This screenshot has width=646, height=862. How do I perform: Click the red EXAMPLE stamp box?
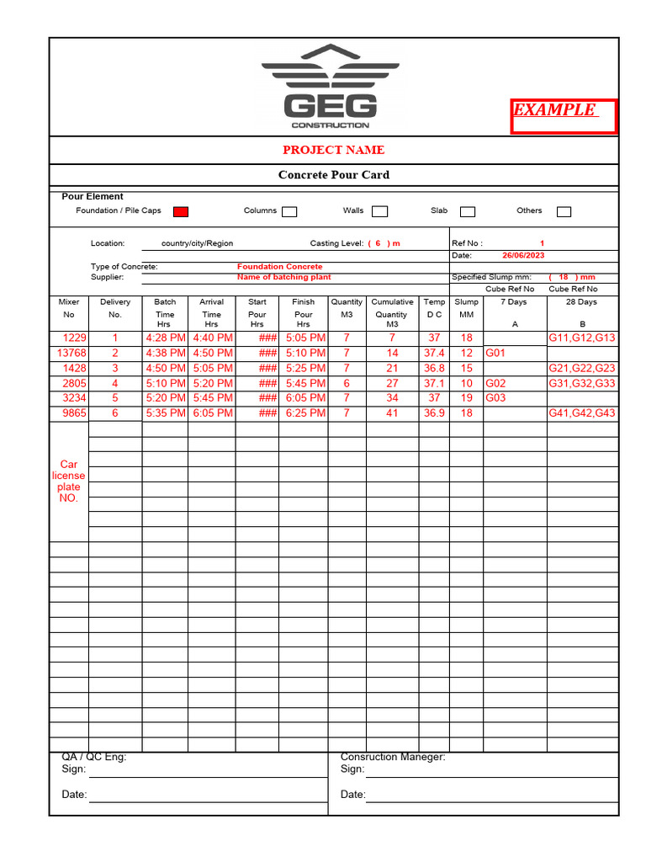(x=564, y=116)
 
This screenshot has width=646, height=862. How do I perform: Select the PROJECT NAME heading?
(x=333, y=150)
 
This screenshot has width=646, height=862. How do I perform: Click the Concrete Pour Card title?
(x=333, y=175)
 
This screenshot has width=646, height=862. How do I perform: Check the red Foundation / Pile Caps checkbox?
(x=180, y=211)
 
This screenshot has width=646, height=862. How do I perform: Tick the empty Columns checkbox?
(x=289, y=211)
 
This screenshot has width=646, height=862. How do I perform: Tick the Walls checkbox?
(x=379, y=211)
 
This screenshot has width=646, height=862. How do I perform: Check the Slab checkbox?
(x=468, y=211)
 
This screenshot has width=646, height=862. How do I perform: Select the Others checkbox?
(x=564, y=211)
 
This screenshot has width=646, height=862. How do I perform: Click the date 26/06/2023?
(x=523, y=255)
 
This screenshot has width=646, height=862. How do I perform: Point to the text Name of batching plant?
(x=283, y=277)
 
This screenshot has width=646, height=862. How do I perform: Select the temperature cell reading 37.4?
(x=434, y=354)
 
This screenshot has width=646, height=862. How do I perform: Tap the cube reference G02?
(x=495, y=383)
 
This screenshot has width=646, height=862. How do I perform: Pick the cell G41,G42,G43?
(x=582, y=413)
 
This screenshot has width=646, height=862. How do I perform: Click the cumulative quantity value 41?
(x=392, y=413)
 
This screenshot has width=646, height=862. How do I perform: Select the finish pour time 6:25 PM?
(x=304, y=413)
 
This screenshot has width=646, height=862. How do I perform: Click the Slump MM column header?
(x=466, y=308)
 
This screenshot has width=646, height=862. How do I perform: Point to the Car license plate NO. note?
(x=68, y=482)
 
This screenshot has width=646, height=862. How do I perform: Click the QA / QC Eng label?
(x=94, y=757)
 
